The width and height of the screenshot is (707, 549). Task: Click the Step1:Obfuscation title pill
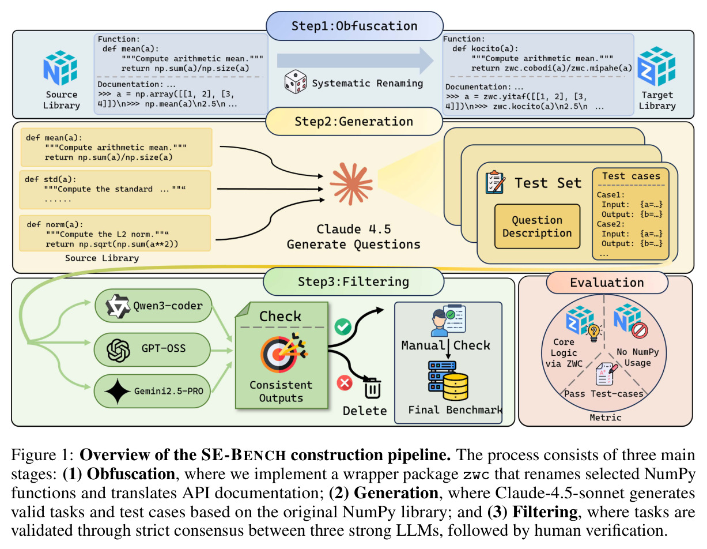click(354, 26)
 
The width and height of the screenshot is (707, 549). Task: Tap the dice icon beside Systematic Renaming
click(295, 82)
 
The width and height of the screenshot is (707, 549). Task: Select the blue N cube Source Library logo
click(61, 67)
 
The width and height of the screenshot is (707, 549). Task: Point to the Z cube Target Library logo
click(656, 66)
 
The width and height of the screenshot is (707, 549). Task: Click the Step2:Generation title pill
click(354, 122)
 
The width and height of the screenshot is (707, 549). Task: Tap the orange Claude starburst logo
click(351, 183)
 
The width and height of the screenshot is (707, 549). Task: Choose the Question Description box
click(537, 227)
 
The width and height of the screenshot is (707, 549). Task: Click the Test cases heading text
click(631, 176)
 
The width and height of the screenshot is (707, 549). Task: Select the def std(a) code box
click(115, 190)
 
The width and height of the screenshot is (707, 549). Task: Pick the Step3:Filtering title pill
click(353, 281)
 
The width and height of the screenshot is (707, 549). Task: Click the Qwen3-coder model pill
click(153, 306)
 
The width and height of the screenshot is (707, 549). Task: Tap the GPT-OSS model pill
click(152, 349)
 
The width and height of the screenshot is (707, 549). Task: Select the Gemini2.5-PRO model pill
click(152, 391)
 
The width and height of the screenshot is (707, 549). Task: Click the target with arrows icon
click(283, 353)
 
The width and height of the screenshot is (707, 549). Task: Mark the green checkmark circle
click(343, 326)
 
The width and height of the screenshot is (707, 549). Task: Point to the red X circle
click(345, 382)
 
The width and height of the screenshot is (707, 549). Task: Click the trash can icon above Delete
click(372, 388)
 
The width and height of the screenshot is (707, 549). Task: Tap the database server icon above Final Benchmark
click(448, 381)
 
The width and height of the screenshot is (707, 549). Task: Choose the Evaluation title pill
click(607, 283)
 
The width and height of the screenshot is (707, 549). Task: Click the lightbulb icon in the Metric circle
click(593, 333)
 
